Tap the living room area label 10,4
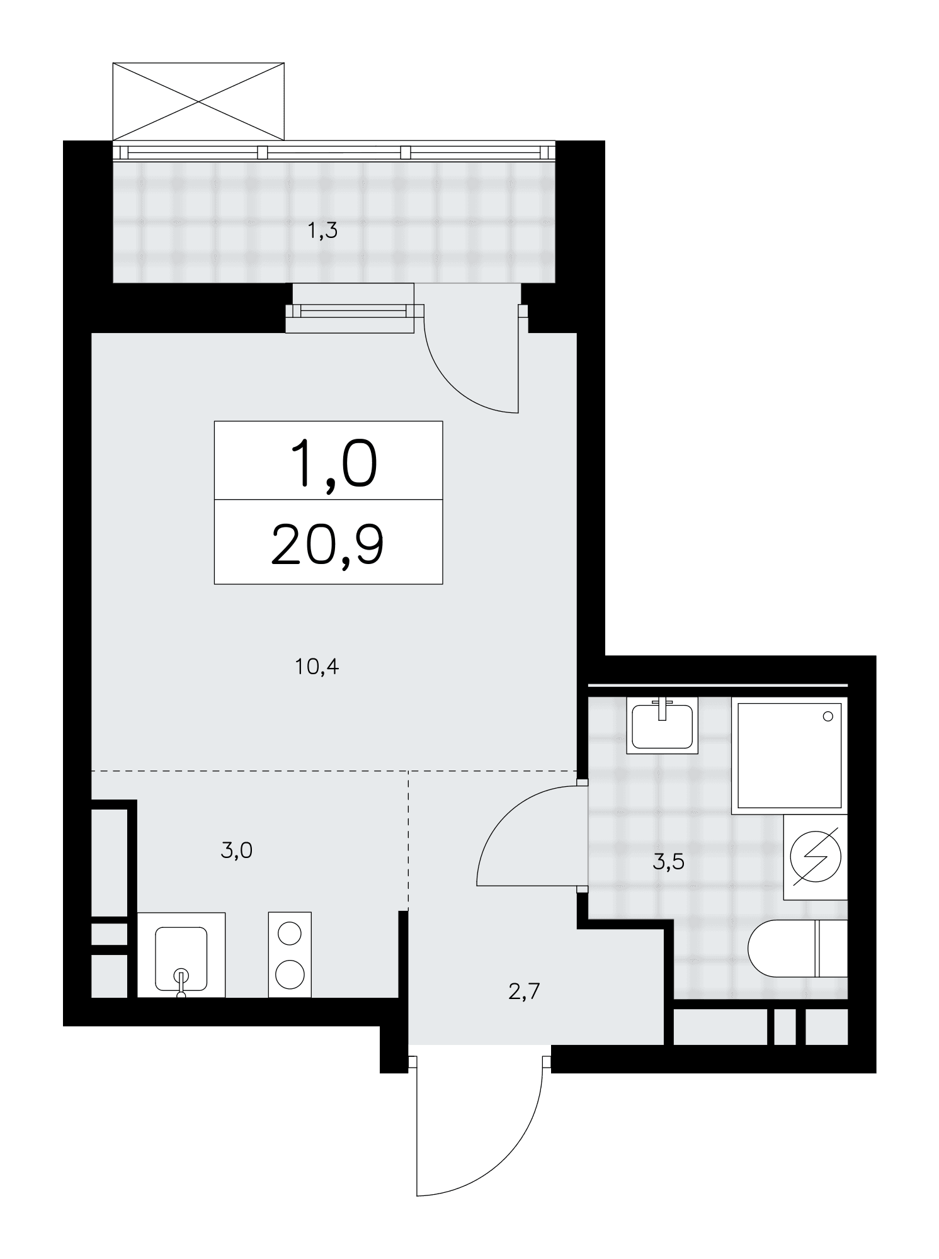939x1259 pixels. (317, 667)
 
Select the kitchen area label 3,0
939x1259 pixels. (237, 851)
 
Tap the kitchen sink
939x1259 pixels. (181, 955)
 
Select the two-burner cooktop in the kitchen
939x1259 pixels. (290, 954)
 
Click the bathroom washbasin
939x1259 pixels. (663, 725)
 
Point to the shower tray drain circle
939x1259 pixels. (828, 716)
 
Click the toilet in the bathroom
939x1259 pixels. (797, 947)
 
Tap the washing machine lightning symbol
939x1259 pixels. (816, 857)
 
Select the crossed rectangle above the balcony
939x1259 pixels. (198, 101)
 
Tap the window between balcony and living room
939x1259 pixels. (355, 310)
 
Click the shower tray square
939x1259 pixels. (789, 755)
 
